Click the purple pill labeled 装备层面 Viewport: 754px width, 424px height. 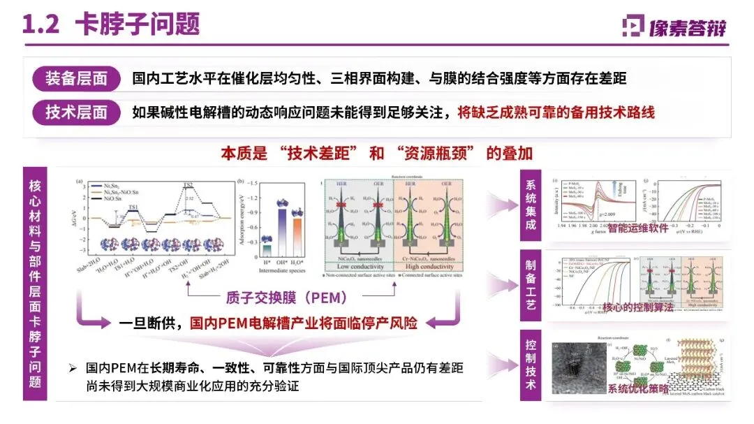click(77, 78)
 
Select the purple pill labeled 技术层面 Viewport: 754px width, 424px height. click(77, 112)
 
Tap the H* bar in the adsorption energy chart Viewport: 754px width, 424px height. click(266, 251)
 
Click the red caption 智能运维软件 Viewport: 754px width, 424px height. click(640, 227)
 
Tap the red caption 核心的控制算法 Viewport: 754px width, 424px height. click(639, 307)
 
